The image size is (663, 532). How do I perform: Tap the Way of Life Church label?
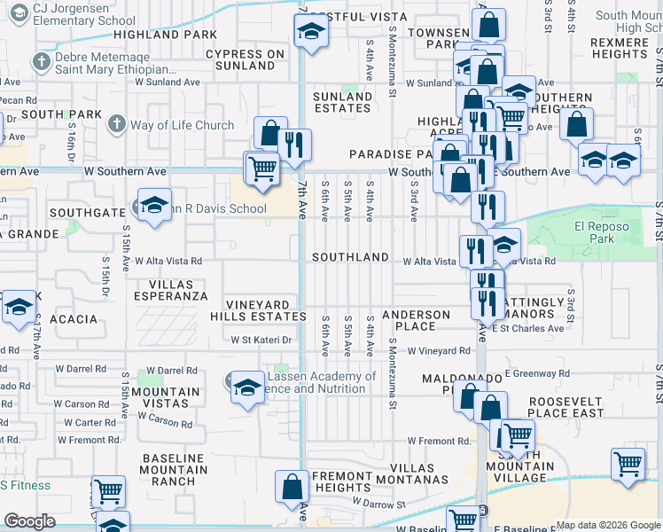[182, 125]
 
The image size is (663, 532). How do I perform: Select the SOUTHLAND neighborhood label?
[350, 257]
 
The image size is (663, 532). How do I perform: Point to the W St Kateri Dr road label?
[261, 340]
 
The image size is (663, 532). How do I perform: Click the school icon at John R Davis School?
[154, 207]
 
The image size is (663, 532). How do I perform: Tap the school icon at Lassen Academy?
[247, 385]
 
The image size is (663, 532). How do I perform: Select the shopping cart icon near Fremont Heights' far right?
[628, 463]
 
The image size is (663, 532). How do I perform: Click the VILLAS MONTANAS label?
[400, 473]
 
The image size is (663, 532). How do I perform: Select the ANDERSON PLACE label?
[417, 320]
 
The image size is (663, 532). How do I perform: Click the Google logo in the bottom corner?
[29, 521]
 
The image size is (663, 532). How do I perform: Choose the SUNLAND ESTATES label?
[342, 102]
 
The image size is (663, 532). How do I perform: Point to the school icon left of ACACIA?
[17, 307]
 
